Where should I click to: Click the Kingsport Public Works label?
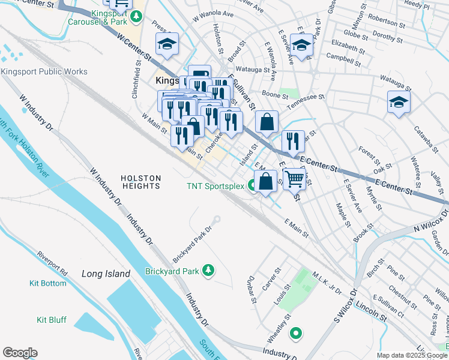[44, 72]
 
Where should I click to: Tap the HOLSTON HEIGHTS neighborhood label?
[140, 182]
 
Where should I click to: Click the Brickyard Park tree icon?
[208, 271]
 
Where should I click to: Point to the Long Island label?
[106, 274]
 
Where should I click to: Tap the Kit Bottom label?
[48, 283]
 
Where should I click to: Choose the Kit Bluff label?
[52, 320]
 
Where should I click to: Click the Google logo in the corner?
[20, 353]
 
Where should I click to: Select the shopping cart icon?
[294, 179]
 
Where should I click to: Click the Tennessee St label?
[305, 101]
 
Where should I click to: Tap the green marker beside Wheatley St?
[295, 333]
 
